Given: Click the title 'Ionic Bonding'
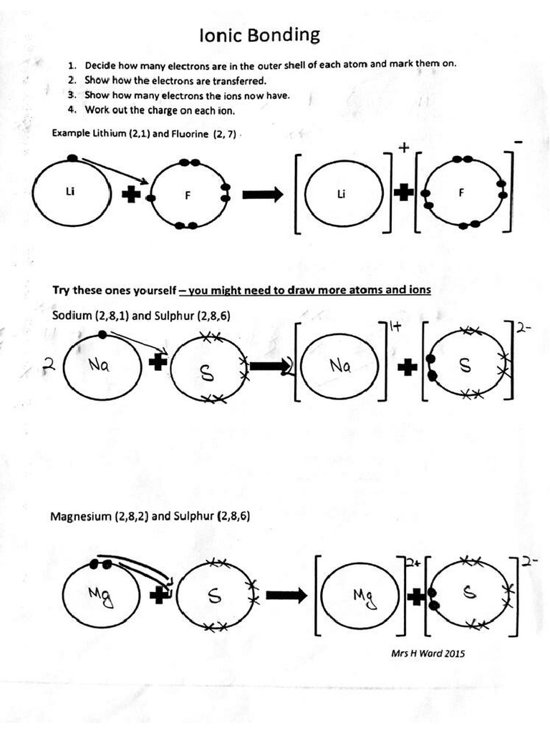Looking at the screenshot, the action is [x=259, y=35].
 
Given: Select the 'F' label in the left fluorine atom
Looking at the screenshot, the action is [x=188, y=197].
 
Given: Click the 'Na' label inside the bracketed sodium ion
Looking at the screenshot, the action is [x=340, y=366].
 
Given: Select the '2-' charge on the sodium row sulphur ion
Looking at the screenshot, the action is [x=524, y=329].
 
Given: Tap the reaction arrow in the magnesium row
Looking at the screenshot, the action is [x=286, y=595].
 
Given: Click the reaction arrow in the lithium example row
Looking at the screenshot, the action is [x=263, y=195].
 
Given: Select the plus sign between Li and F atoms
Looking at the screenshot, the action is [x=131, y=195].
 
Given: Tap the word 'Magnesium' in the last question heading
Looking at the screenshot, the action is [x=81, y=516].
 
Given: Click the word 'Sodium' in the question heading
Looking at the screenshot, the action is [x=72, y=315].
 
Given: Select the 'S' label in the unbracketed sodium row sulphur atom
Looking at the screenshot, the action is [x=206, y=373].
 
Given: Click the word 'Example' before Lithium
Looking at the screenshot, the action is [x=71, y=133].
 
